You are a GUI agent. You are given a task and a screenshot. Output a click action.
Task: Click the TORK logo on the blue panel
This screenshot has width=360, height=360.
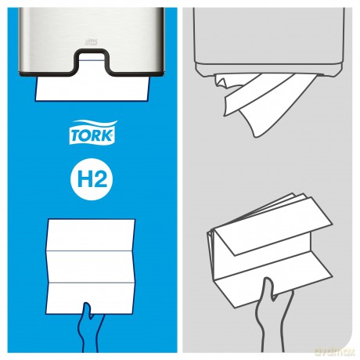[x=93, y=132]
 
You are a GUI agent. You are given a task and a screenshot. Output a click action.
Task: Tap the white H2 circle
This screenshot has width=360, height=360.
[x=92, y=179]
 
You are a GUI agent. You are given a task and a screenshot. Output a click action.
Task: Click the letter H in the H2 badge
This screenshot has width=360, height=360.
[x=84, y=180]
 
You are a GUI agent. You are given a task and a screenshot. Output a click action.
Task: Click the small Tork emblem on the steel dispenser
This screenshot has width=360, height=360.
[x=91, y=41]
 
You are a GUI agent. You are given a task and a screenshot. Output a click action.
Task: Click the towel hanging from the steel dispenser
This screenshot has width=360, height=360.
[x=92, y=88]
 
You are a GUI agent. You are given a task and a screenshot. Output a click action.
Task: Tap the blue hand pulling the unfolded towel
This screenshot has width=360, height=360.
[x=90, y=327]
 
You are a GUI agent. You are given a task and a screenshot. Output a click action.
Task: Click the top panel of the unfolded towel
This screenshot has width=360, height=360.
[x=91, y=236]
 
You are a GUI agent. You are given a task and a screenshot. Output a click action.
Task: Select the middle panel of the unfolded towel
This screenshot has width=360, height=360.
[x=91, y=267]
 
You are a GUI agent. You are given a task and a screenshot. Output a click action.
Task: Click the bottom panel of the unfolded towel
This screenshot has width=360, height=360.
[x=91, y=298]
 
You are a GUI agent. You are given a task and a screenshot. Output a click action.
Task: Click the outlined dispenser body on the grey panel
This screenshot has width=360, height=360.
[x=268, y=41]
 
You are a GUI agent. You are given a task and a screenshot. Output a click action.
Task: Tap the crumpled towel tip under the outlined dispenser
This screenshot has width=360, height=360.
[x=221, y=81]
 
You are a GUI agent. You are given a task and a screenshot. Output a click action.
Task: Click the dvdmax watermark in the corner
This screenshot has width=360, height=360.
[x=335, y=352]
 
